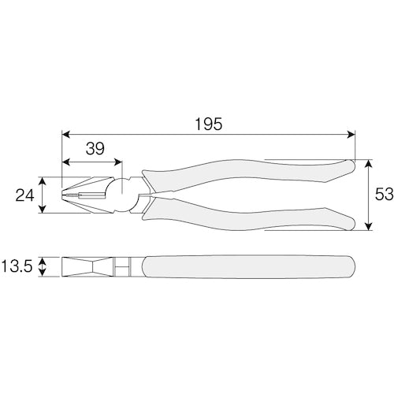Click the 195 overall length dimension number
[x=209, y=124]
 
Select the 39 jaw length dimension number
[x=95, y=149]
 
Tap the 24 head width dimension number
[x=24, y=195]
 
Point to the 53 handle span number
[x=384, y=195]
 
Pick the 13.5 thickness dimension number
[x=17, y=266]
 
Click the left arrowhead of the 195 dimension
[x=65, y=135]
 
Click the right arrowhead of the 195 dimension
[x=351, y=135]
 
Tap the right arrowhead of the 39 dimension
[x=119, y=162]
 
